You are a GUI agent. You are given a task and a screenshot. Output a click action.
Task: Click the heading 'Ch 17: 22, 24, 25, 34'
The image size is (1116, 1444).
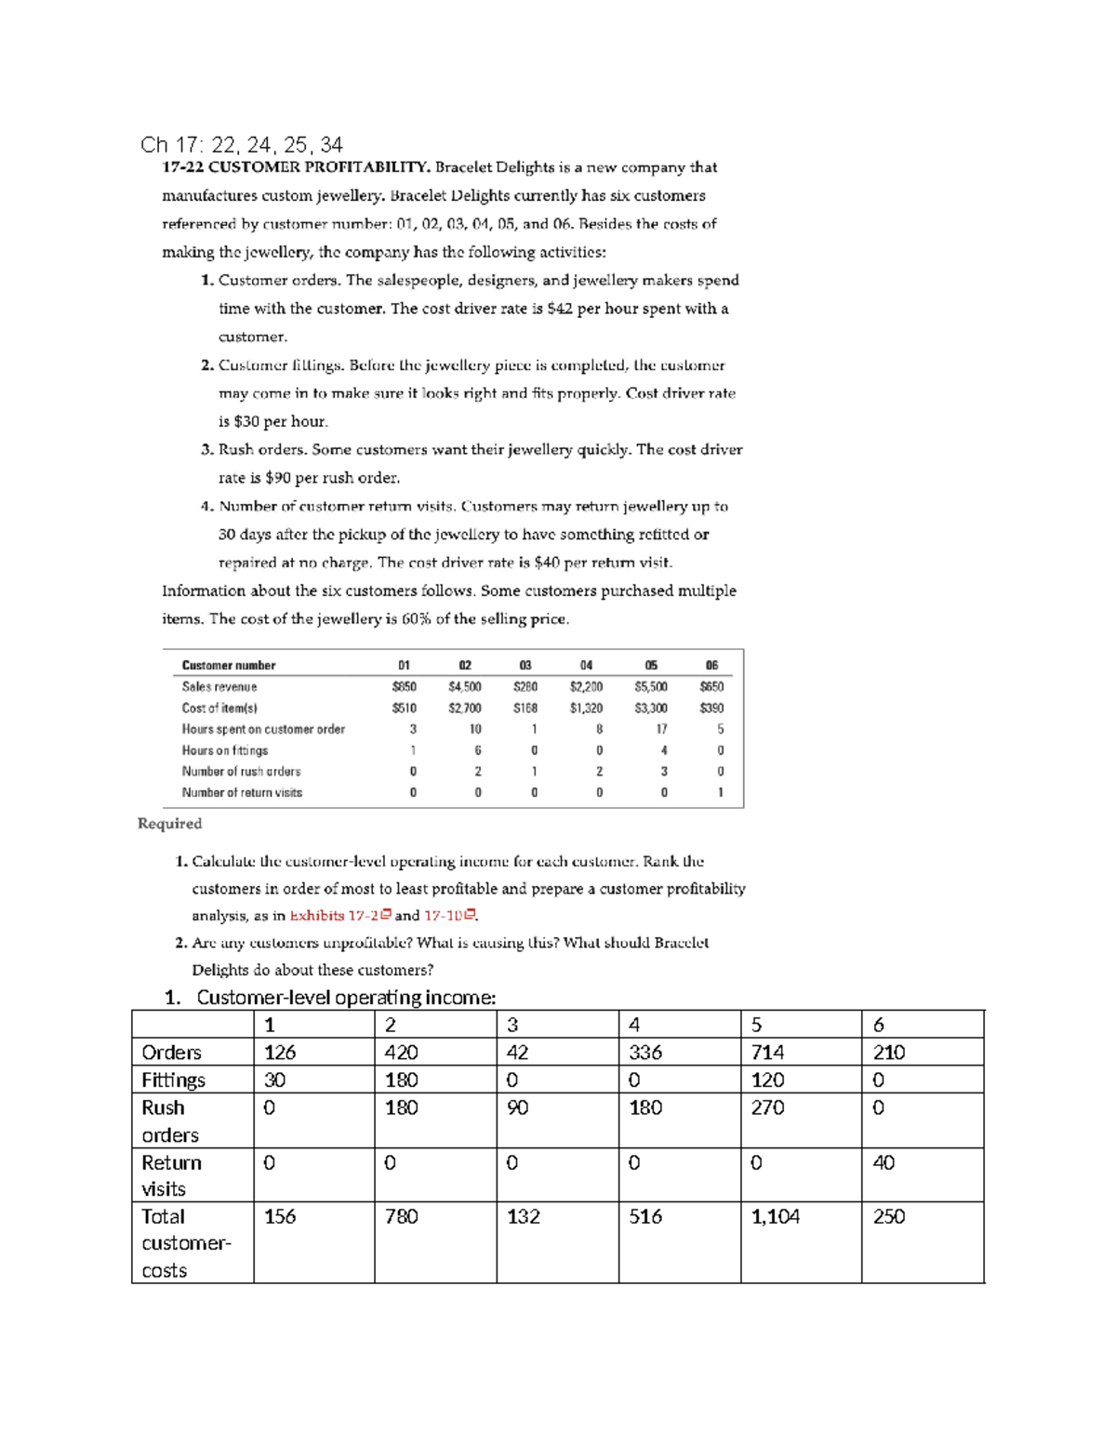click(241, 144)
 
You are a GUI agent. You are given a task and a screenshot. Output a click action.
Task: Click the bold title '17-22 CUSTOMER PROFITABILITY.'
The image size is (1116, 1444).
click(296, 167)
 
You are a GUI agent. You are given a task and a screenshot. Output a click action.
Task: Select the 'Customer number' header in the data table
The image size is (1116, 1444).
click(229, 665)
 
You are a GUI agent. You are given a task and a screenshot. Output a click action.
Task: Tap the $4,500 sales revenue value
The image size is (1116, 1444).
click(464, 686)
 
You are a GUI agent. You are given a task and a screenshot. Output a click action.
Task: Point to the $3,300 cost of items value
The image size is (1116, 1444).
click(650, 708)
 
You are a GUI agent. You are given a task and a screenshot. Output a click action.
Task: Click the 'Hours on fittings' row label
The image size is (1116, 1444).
click(225, 750)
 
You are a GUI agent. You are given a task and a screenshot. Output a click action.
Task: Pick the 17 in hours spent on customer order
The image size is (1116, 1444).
click(661, 729)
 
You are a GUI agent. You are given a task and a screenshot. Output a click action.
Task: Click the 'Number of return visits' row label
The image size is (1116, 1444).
click(242, 792)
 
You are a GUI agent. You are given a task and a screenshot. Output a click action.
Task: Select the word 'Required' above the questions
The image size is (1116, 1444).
click(169, 823)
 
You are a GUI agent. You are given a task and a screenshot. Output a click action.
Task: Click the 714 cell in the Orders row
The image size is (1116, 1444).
click(767, 1052)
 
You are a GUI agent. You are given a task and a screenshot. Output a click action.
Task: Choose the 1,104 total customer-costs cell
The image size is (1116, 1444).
click(775, 1216)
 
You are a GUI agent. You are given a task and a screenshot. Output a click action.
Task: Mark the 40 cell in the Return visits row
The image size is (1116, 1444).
click(883, 1162)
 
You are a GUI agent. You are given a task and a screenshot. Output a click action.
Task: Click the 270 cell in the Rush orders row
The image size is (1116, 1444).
click(767, 1107)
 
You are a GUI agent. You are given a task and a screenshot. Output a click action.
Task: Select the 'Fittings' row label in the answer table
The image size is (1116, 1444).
click(173, 1080)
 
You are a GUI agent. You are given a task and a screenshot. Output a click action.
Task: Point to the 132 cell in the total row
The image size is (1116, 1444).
click(524, 1216)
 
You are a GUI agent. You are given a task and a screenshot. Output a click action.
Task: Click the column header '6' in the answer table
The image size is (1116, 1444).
click(879, 1025)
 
